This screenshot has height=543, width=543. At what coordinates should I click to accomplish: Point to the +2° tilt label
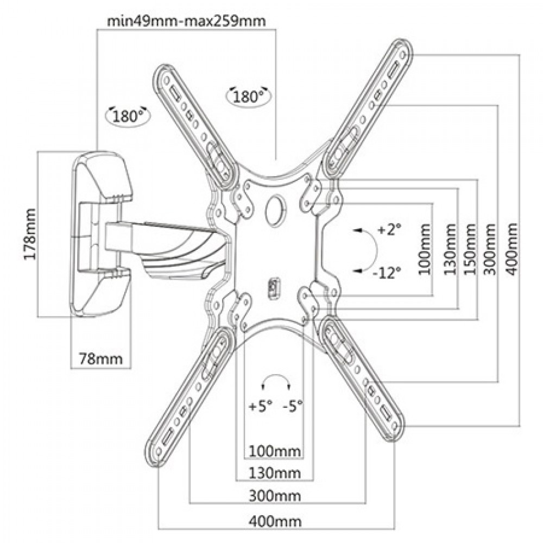point(389,230)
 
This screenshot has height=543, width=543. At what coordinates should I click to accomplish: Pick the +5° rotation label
point(260,405)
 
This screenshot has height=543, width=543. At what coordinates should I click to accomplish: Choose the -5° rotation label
point(293,405)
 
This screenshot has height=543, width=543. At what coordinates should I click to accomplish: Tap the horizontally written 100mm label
point(274,451)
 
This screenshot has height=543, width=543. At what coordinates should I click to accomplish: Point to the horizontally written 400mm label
point(274,522)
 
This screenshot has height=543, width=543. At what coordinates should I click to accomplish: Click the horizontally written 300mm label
point(274,496)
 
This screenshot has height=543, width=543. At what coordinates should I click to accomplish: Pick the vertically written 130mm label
point(449,250)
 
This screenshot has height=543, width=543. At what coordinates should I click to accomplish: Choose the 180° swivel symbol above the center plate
point(249,96)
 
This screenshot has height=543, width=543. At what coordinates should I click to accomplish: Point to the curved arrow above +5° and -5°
point(276,380)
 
